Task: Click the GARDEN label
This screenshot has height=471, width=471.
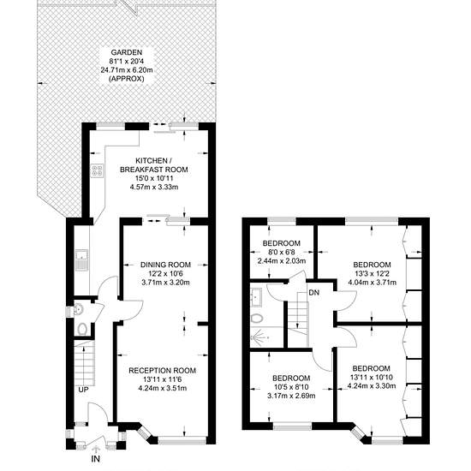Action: [126, 52]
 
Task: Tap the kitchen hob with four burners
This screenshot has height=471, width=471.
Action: [97, 170]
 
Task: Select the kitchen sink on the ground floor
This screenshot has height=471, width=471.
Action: [81, 259]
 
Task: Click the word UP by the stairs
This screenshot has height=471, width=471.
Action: [83, 390]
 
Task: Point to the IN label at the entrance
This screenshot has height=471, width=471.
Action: [96, 459]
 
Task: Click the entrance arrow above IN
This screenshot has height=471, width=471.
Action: [96, 449]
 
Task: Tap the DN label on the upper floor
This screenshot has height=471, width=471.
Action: [314, 293]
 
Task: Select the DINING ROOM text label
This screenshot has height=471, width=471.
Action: [165, 265]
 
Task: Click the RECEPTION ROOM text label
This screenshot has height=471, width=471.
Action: [162, 370]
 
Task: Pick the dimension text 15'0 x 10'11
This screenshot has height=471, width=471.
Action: [154, 178]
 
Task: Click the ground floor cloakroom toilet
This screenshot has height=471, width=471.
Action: [81, 329]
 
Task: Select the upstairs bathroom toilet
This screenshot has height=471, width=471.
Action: [256, 319]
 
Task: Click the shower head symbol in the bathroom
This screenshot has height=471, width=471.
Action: [259, 337]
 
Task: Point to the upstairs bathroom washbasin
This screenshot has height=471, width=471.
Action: [256, 297]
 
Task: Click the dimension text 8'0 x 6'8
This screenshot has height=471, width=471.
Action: [282, 252]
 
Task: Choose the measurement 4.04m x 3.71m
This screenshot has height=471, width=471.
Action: [373, 283]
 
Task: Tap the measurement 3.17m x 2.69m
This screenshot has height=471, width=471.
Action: [291, 396]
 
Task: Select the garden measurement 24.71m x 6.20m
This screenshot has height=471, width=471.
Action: [127, 70]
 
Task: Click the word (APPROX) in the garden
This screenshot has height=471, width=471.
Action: [126, 79]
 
